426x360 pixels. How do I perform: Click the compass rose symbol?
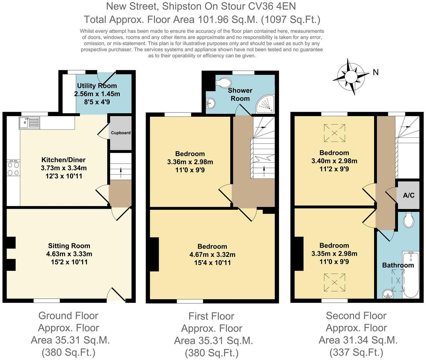pos(351,77)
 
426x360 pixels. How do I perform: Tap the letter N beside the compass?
pos(375,72)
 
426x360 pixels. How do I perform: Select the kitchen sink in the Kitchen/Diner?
pos(29,123)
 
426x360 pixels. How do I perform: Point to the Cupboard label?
pos(121,133)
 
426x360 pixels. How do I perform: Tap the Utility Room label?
pos(97,86)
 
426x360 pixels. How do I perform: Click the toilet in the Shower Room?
pos(224,83)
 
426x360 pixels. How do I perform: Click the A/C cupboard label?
pos(409,195)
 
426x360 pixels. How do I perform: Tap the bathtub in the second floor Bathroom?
pos(411,274)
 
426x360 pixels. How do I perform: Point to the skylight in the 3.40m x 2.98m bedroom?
pos(334,133)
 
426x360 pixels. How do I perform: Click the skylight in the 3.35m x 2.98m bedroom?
pos(334,282)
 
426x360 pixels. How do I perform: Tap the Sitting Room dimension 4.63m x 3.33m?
pos(69,254)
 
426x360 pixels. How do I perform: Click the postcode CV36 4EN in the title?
pos(272,6)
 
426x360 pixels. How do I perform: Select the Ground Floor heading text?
pos(69,316)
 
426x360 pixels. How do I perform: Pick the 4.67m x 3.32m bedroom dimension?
pos(212,254)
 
